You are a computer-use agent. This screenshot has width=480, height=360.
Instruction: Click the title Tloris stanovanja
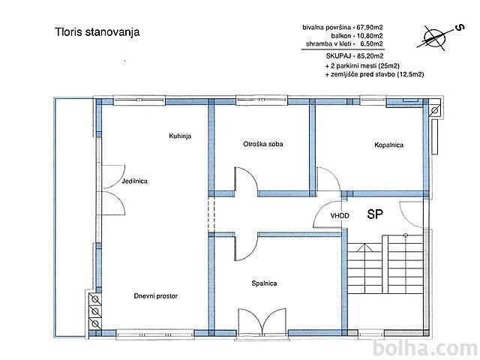97,32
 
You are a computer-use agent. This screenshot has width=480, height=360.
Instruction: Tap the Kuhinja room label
180,136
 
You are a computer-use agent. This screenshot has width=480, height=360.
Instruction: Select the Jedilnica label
134,181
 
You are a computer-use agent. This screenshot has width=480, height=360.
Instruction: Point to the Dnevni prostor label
155,296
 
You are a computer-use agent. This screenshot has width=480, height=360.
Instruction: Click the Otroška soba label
263,143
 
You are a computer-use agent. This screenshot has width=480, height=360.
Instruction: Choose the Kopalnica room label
388,145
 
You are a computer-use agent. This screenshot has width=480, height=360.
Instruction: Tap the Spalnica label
264,283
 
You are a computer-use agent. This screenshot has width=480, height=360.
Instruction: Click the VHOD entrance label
340,216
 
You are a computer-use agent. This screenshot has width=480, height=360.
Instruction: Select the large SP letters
375,214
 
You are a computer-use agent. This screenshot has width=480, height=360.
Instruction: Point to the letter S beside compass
460,28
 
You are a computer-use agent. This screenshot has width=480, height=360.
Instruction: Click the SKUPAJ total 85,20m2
355,56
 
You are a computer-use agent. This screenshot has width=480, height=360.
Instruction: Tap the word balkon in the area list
336,36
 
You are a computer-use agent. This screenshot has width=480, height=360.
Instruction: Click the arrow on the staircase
364,247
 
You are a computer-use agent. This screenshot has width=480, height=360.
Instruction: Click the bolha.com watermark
426,349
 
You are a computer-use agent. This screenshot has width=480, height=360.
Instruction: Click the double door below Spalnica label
262,321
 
